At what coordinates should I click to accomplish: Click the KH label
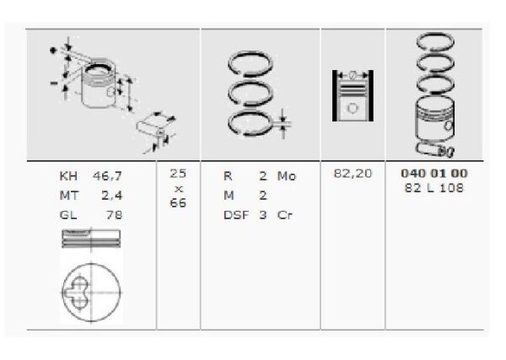pos(67,178)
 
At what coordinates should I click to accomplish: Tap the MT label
pos(67,196)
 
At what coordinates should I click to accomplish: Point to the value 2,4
pos(113,196)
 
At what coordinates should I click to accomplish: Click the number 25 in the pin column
pos(178,173)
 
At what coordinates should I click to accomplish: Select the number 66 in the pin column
pos(178,203)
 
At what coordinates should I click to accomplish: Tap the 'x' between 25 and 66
pos(178,188)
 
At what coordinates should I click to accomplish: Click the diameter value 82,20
pos(353,173)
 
